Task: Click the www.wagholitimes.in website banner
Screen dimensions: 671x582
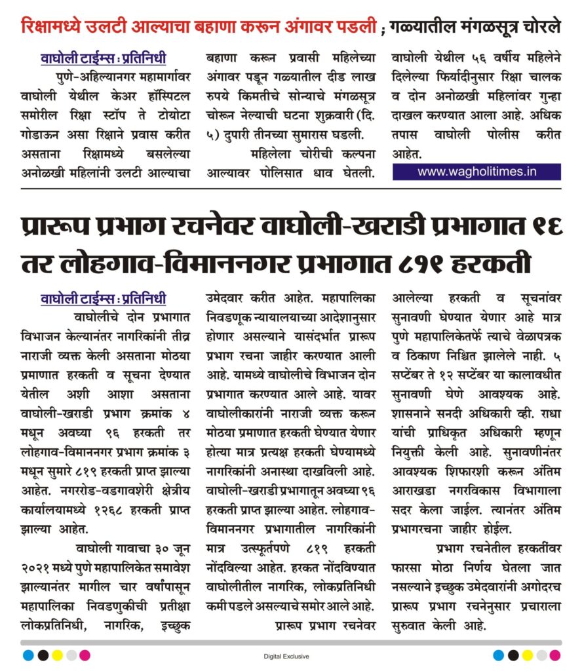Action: (x=476, y=172)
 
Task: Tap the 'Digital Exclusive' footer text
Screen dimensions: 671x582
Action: (x=286, y=657)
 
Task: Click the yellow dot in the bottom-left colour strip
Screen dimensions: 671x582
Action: (x=56, y=655)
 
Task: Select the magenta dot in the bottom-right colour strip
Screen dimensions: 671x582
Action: (x=554, y=655)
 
